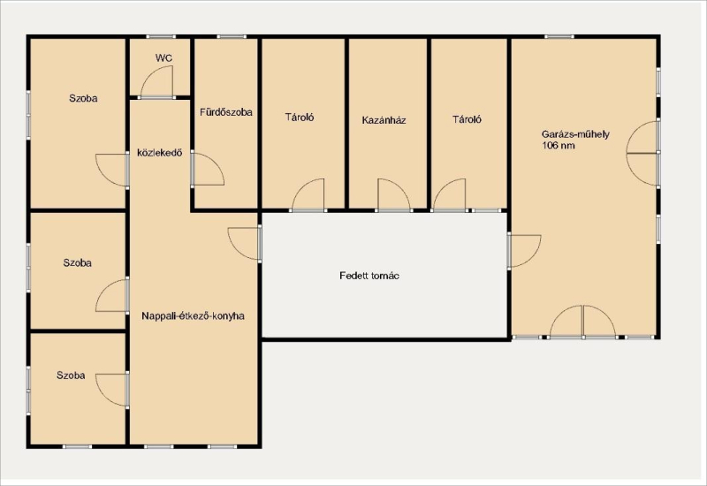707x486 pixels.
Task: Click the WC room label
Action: click(163, 58)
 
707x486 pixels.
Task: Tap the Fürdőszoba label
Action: click(226, 112)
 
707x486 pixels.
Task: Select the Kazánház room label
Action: click(384, 120)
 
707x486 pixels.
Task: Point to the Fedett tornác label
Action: click(369, 276)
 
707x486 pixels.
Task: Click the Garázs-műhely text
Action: click(575, 134)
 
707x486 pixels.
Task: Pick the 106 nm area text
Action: click(559, 146)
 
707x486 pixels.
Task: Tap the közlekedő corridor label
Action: click(160, 153)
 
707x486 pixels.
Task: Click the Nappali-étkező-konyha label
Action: click(193, 316)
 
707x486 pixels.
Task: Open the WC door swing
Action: click(156, 81)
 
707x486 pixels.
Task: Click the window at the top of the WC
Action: click(161, 36)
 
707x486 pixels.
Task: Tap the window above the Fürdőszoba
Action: click(232, 36)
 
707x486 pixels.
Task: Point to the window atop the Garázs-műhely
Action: click(559, 36)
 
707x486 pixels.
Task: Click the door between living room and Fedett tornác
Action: click(245, 244)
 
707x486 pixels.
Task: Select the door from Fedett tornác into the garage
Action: click(524, 251)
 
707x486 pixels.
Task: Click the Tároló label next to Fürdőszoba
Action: click(300, 118)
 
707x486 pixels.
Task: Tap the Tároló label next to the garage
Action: click(468, 119)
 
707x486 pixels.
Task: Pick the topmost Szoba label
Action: click(83, 98)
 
